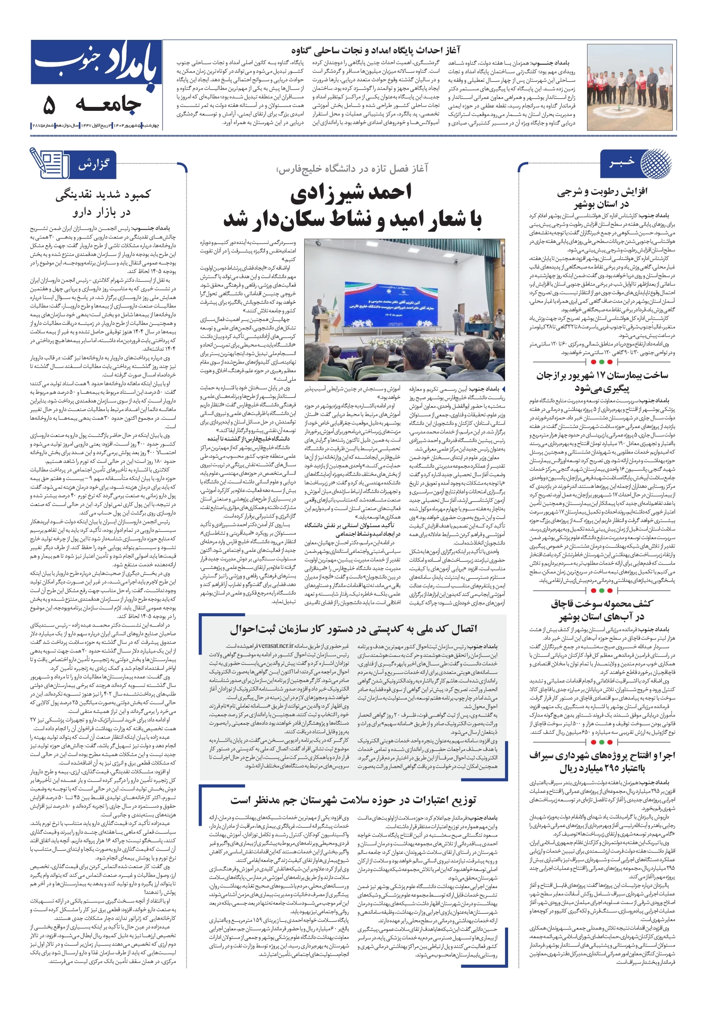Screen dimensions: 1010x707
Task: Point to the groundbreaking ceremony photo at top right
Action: point(630,87)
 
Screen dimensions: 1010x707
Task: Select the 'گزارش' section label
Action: point(93,165)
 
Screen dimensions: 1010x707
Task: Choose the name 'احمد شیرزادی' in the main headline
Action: point(351,192)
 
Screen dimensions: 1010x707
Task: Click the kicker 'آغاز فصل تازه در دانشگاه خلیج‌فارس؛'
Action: point(352,168)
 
